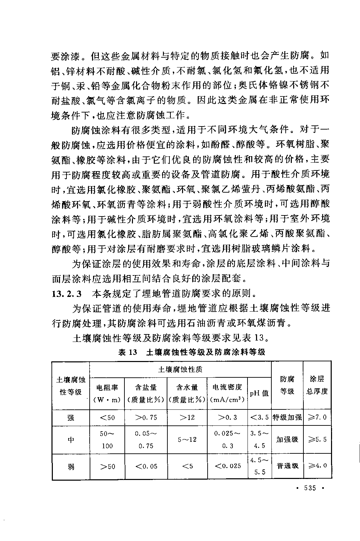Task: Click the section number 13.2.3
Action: click(66, 294)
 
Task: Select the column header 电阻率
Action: click(107, 387)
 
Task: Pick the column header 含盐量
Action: click(146, 387)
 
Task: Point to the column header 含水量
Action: click(187, 387)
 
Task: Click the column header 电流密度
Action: click(227, 387)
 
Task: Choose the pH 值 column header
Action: click(259, 393)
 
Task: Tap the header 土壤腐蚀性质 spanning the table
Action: click(180, 370)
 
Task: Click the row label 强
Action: click(71, 417)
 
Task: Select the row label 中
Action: click(71, 439)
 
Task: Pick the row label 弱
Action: click(71, 466)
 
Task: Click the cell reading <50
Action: click(107, 417)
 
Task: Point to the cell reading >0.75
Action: click(146, 417)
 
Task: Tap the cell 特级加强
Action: click(287, 417)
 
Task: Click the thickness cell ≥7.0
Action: click(317, 417)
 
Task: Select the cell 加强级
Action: click(287, 439)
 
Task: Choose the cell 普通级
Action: click(287, 466)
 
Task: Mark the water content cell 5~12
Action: click(187, 439)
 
